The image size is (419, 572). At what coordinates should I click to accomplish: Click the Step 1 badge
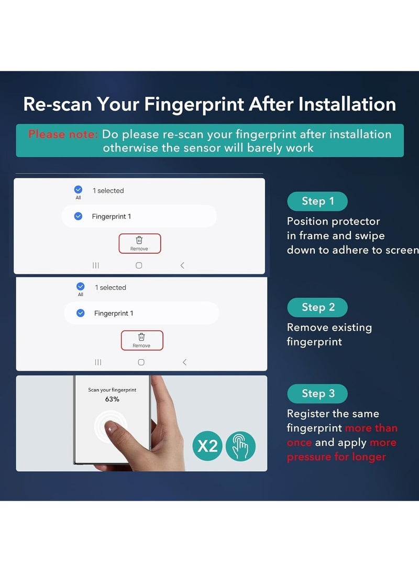click(x=317, y=201)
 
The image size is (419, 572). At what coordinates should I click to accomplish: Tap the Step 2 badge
click(x=317, y=307)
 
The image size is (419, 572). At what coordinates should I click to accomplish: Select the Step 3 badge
click(x=317, y=394)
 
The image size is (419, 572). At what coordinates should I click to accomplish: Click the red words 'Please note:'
click(x=63, y=134)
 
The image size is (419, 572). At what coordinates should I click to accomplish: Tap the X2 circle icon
click(x=207, y=446)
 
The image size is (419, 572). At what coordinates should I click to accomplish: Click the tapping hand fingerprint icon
click(x=240, y=446)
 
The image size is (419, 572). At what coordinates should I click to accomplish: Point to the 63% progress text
click(x=112, y=400)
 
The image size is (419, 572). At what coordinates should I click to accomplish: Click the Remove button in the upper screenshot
click(x=139, y=243)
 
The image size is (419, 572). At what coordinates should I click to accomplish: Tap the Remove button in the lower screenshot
click(x=141, y=340)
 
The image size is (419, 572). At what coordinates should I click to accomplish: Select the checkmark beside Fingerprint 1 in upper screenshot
click(x=78, y=216)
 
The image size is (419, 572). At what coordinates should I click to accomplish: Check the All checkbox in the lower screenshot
click(x=80, y=286)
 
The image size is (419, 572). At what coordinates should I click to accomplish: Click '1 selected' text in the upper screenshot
click(x=108, y=191)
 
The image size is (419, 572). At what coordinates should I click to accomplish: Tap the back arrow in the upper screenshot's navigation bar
click(x=182, y=265)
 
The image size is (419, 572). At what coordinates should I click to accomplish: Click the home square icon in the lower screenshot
click(x=141, y=362)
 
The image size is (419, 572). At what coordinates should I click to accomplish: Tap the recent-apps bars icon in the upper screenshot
click(x=96, y=265)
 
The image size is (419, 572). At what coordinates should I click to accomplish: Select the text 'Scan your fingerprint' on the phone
click(x=112, y=390)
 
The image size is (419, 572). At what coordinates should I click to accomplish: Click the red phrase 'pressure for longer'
click(x=336, y=457)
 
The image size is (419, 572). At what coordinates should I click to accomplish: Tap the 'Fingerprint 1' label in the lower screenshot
click(x=114, y=314)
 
